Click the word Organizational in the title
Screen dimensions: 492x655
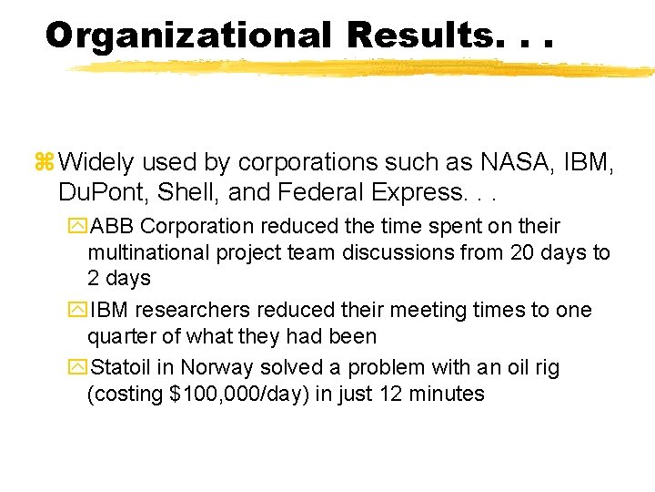(187, 36)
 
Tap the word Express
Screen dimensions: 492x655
(403, 193)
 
